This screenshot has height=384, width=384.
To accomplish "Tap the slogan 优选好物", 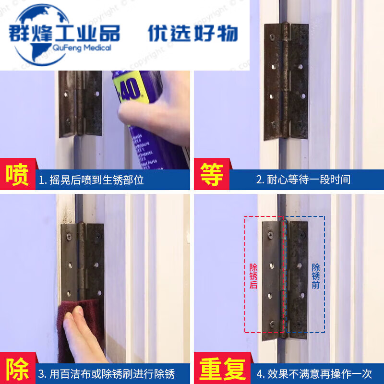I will coord(192,33).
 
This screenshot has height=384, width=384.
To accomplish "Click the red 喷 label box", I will coord(17,176).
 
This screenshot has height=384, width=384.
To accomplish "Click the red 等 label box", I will coord(211,176).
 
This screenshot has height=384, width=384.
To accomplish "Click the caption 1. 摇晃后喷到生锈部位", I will coord(92,180).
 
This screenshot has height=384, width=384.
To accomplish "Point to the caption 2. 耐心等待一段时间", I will coord(303,180).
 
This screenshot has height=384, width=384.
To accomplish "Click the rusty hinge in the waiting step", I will coord(286,82).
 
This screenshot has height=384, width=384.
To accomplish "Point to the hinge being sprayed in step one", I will coord(81,103).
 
